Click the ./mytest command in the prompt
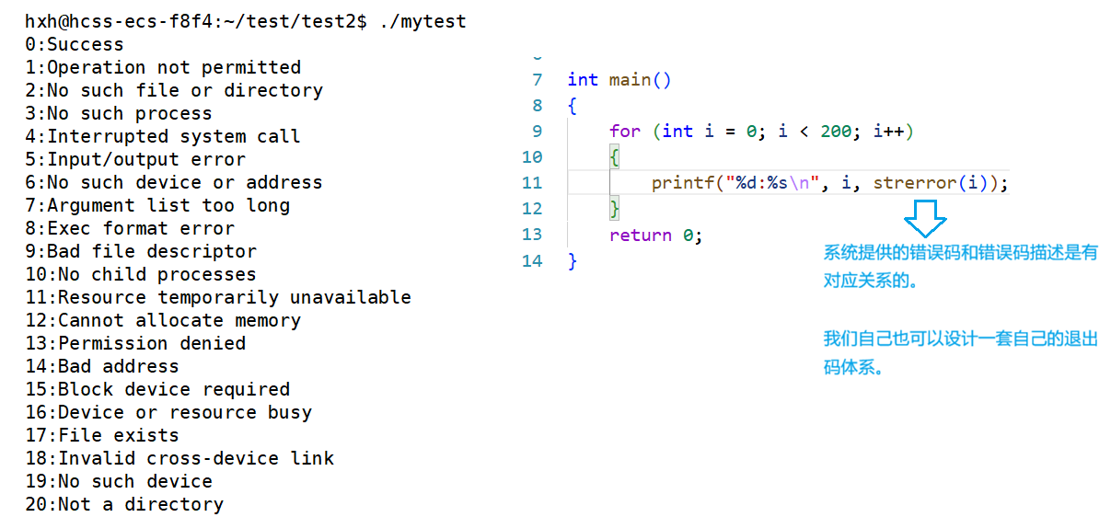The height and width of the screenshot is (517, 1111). tap(422, 21)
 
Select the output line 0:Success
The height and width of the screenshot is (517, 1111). tap(75, 44)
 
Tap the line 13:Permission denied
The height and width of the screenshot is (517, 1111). tap(135, 343)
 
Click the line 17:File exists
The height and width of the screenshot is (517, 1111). tap(102, 435)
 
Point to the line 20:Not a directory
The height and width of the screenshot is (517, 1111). tap(124, 504)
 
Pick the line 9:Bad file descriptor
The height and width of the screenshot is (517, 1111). tap(141, 251)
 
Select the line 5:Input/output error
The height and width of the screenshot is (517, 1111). tap(135, 159)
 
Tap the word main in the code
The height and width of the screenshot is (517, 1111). tap(630, 80)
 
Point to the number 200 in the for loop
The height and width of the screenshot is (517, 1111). tap(836, 132)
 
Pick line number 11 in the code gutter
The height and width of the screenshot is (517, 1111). tap(532, 183)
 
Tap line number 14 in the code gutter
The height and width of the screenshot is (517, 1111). tap(532, 261)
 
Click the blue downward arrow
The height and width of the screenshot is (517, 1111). tap(925, 222)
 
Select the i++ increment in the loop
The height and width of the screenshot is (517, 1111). tap(888, 132)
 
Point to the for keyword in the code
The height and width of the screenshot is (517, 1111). tap(624, 132)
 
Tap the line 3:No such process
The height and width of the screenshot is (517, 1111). tap(119, 113)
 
